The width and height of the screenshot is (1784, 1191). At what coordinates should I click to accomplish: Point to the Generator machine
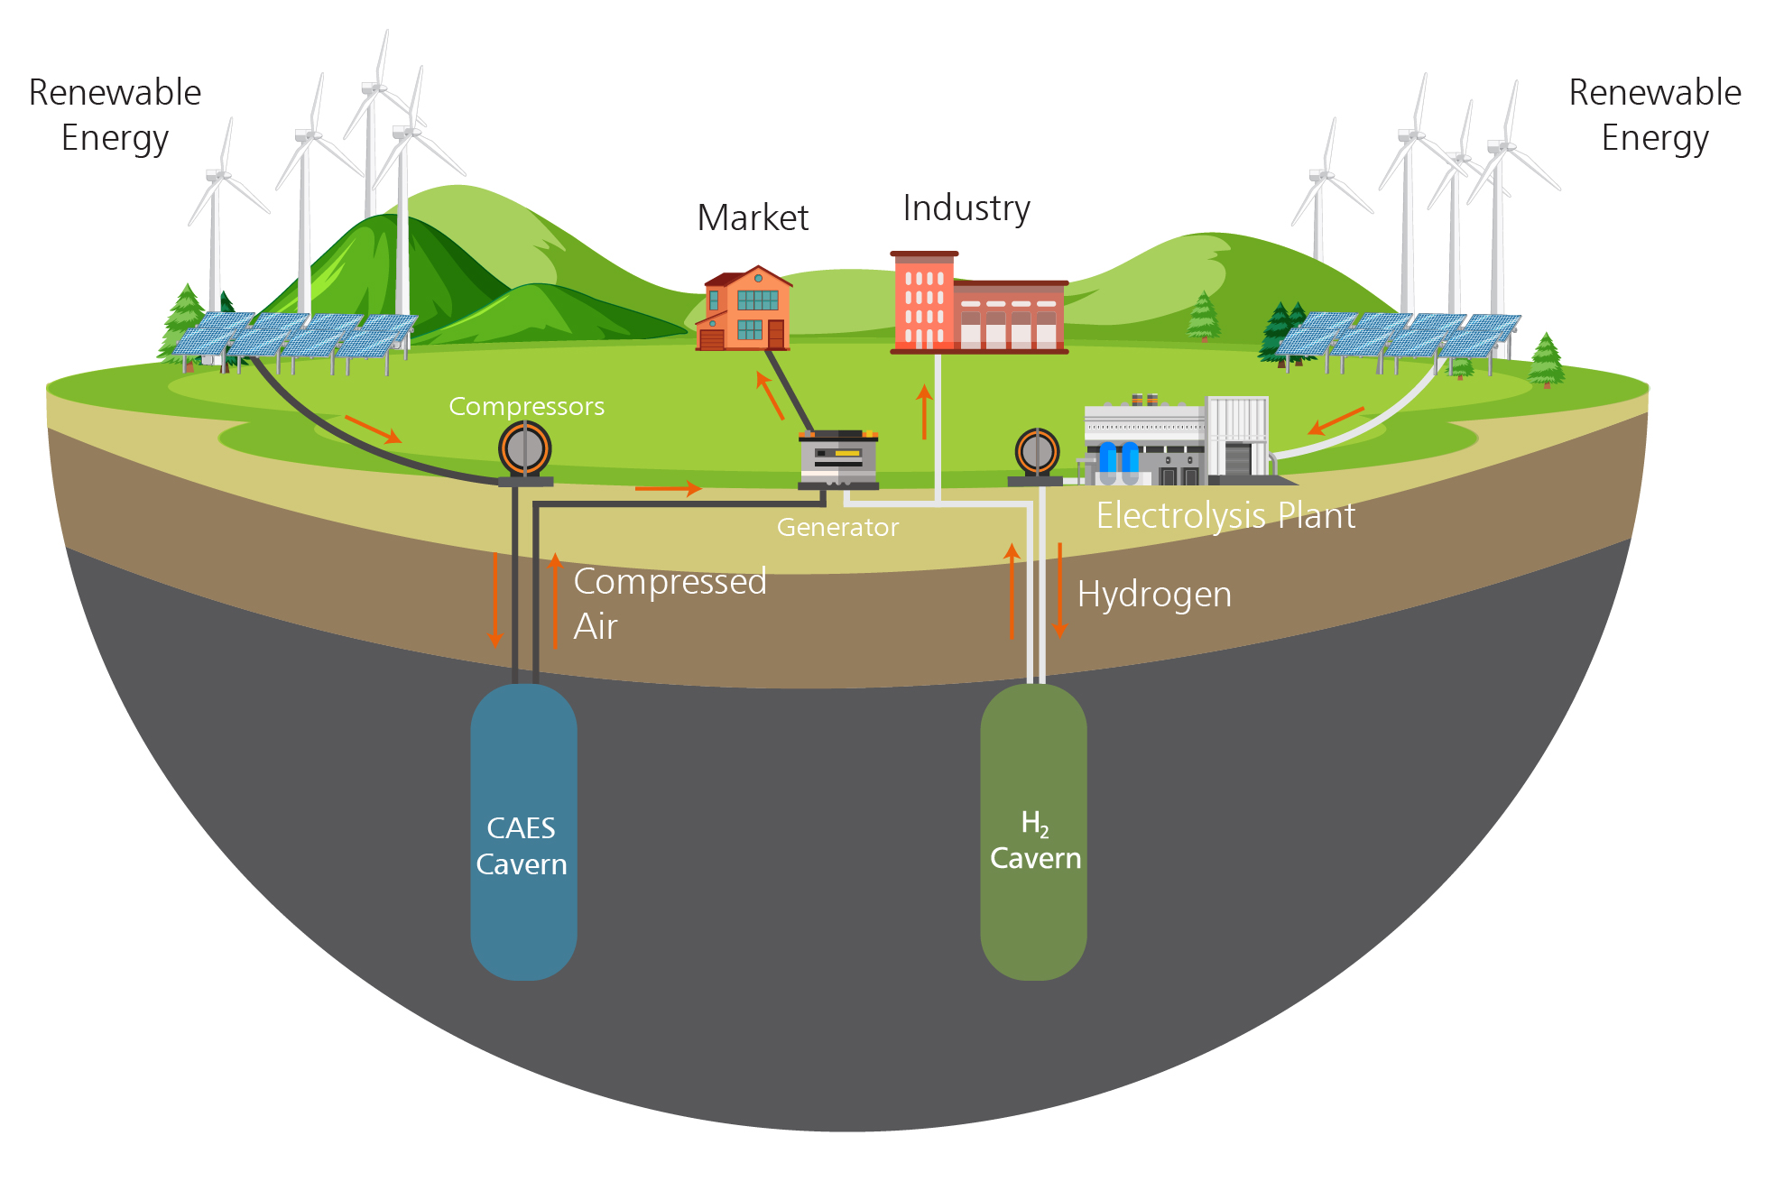[x=838, y=459]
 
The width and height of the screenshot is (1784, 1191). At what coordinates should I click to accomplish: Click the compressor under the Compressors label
[x=525, y=450]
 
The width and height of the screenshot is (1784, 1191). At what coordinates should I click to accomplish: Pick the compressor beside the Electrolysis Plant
[x=1037, y=453]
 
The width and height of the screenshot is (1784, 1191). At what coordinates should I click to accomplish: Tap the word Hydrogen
[x=1154, y=595]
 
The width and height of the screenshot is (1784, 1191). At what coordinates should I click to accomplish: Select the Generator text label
[x=837, y=527]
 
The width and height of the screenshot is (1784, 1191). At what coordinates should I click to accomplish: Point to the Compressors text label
[x=526, y=407]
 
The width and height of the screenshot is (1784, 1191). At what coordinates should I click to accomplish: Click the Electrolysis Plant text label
[x=1225, y=516]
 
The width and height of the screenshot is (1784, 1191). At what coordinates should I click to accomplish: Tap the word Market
[x=753, y=218]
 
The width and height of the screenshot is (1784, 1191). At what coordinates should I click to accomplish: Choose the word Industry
[x=966, y=208]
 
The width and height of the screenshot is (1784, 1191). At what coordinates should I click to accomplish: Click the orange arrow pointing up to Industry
[x=924, y=411]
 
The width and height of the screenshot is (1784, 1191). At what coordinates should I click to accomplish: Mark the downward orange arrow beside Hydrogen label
[x=1060, y=591]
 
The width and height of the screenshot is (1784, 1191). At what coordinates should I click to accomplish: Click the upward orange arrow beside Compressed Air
[x=555, y=600]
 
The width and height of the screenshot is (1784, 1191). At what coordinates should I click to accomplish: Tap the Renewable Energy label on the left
[x=115, y=115]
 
